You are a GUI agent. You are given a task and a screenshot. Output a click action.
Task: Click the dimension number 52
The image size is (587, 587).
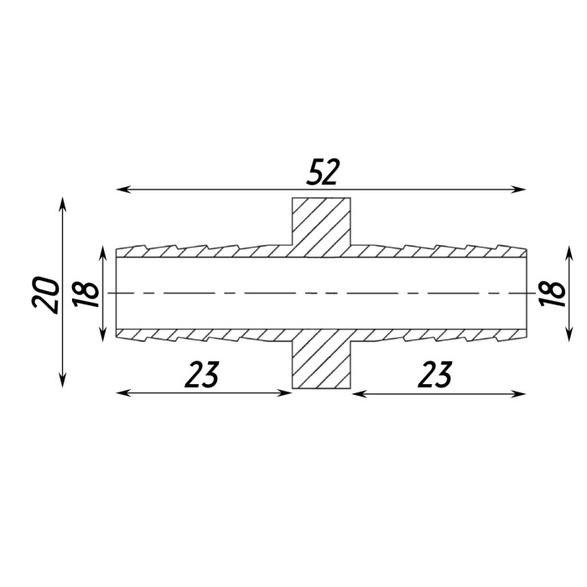tap(322, 172)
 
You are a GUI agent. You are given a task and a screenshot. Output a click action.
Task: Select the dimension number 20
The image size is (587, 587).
tap(46, 295)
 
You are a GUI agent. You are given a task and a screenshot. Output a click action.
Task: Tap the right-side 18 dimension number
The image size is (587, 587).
tap(552, 293)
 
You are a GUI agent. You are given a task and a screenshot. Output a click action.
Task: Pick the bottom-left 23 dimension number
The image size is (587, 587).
tap(202, 374)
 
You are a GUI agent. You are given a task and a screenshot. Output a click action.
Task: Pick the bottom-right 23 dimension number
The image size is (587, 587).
tap(435, 374)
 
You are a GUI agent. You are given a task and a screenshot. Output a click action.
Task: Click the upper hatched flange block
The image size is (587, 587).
tap(321, 227)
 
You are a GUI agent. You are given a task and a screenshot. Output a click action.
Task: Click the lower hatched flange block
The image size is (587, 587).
tap(321, 359)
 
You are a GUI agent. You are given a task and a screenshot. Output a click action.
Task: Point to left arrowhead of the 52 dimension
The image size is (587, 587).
tap(122, 189)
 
